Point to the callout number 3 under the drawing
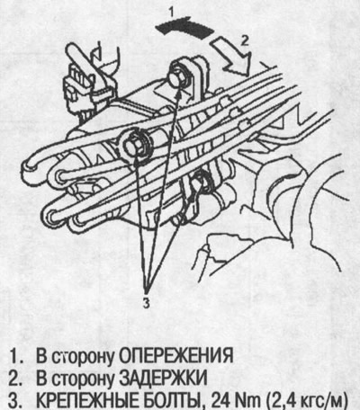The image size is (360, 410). [146, 302]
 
